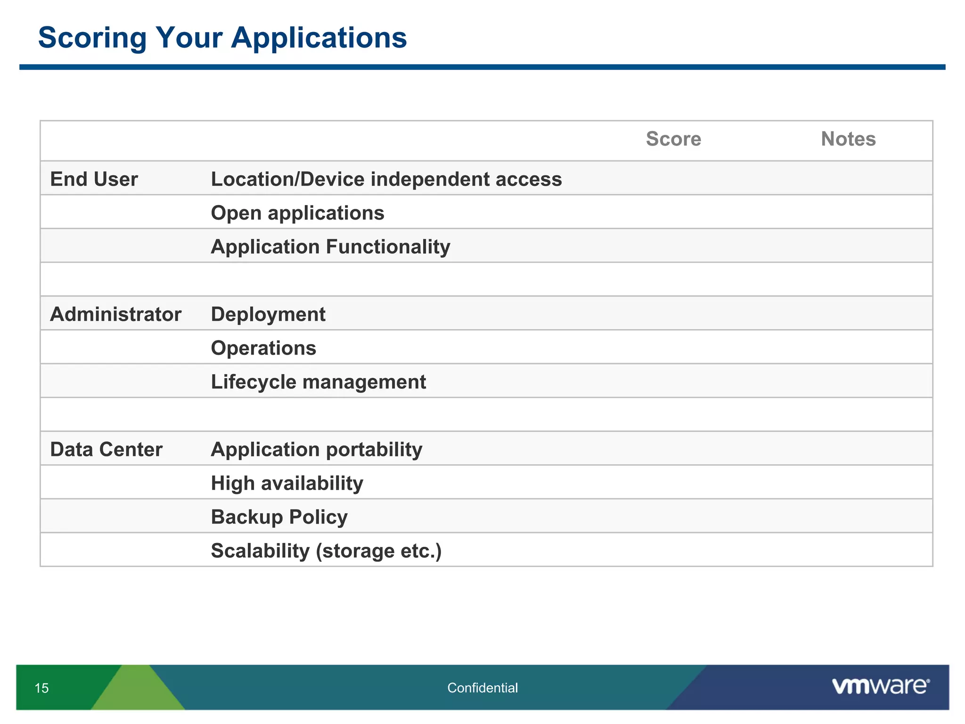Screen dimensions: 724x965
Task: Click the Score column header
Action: pyautogui.click(x=673, y=139)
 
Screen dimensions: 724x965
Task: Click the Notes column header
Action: pyautogui.click(x=848, y=139)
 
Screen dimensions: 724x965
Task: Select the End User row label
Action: pyautogui.click(x=94, y=179)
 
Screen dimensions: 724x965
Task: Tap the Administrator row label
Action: pyautogui.click(x=115, y=314)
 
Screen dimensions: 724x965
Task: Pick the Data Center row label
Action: pyautogui.click(x=106, y=449)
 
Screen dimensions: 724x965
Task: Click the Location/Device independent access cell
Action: pyautogui.click(x=386, y=179)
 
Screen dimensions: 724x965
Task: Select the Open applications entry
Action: pyautogui.click(x=297, y=213)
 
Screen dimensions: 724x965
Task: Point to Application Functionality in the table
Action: pyautogui.click(x=330, y=247)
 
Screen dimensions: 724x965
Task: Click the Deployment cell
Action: pyautogui.click(x=268, y=314)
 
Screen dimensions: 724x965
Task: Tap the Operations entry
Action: pyautogui.click(x=263, y=348)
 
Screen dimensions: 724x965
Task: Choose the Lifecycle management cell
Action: pyautogui.click(x=318, y=382)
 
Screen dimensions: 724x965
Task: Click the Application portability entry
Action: pyautogui.click(x=316, y=449)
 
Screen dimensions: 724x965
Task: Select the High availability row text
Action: pyautogui.click(x=287, y=483)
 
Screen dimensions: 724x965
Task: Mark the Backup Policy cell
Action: pyautogui.click(x=279, y=517)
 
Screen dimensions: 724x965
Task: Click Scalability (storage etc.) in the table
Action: pyautogui.click(x=326, y=551)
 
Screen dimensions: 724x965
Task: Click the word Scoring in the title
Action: pyautogui.click(x=92, y=38)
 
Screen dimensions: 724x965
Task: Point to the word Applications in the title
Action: pyautogui.click(x=319, y=38)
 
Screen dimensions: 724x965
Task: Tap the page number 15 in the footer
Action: pyautogui.click(x=41, y=688)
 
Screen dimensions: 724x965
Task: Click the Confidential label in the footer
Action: pyautogui.click(x=482, y=688)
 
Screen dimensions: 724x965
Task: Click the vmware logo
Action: pyautogui.click(x=880, y=686)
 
